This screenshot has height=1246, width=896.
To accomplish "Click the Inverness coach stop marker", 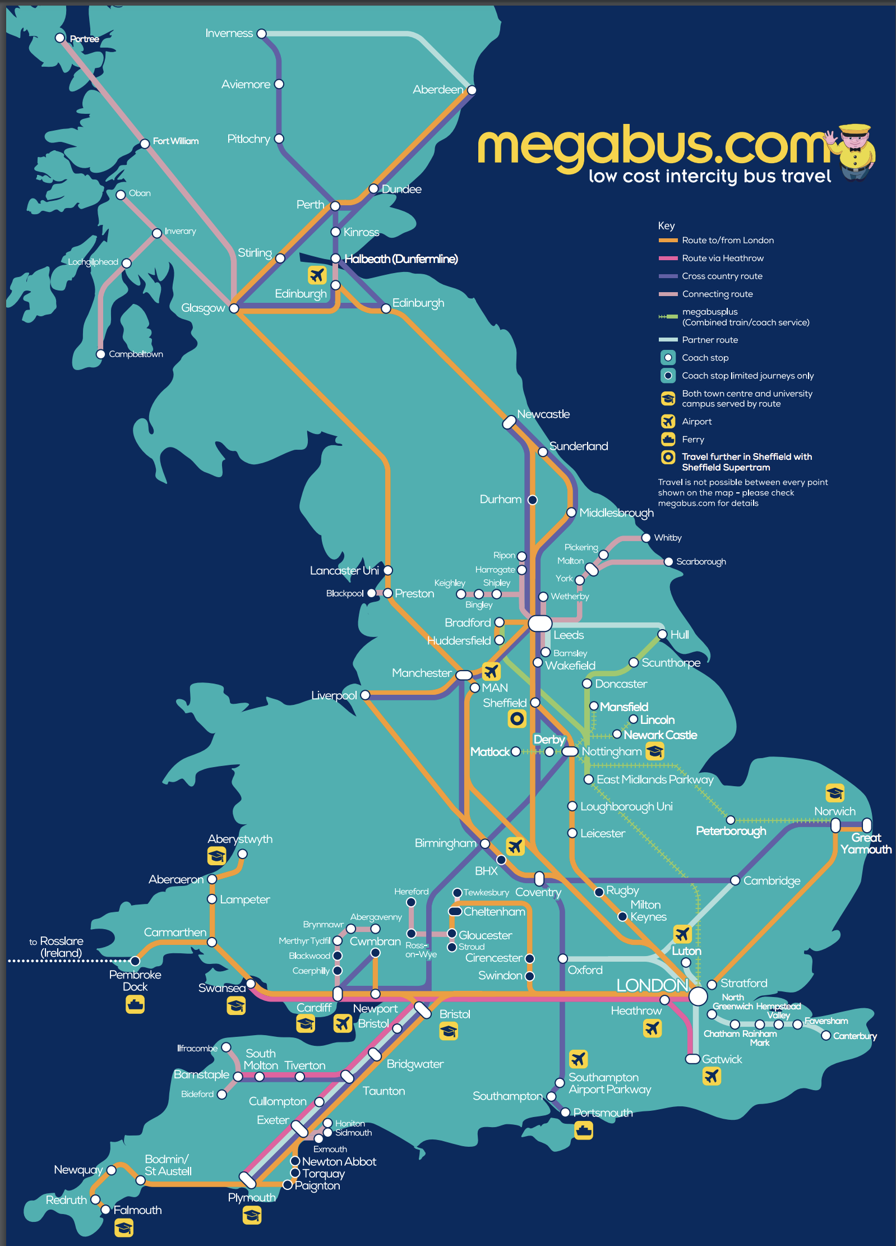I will tap(261, 34).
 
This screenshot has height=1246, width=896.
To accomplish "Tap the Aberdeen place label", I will tap(438, 90).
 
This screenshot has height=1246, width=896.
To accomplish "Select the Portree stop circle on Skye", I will tap(60, 38).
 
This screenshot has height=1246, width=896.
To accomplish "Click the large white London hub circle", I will tap(698, 996).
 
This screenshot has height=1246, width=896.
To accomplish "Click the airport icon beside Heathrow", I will tap(652, 1028).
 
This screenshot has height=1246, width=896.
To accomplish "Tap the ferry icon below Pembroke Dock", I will tap(135, 1004).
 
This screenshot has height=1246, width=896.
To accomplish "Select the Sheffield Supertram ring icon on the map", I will tap(517, 718).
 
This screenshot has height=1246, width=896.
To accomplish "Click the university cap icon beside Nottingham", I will tap(655, 751).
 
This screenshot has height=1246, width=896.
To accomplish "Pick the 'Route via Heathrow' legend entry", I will tap(722, 258).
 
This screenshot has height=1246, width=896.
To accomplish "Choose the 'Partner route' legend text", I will tap(709, 340).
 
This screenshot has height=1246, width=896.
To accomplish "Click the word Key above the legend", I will tap(666, 225).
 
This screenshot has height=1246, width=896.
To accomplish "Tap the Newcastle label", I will tap(543, 414).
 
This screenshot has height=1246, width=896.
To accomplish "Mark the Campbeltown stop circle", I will tap(100, 354).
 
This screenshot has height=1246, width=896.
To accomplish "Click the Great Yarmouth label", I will tap(866, 843).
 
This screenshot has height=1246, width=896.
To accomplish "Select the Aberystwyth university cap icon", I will tap(217, 856).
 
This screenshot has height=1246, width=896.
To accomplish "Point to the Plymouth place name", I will tap(252, 1197).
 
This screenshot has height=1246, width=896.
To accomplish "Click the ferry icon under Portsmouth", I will tap(584, 1130).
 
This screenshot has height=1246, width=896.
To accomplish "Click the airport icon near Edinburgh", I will tap(317, 275).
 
